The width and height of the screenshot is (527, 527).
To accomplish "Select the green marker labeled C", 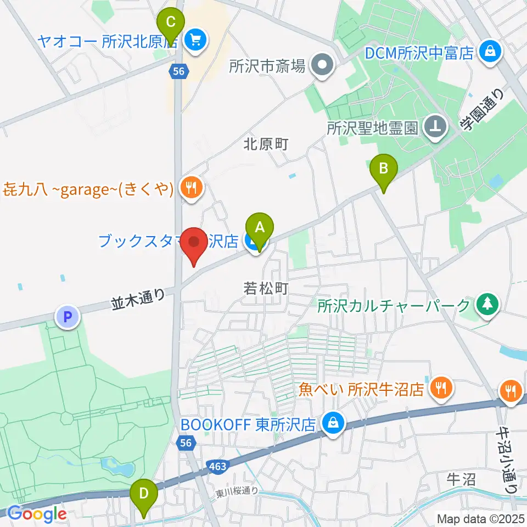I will point(170,23).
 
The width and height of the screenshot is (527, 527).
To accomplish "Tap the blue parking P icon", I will point(68,316).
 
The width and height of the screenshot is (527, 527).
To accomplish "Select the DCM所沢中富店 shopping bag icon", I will point(487,52).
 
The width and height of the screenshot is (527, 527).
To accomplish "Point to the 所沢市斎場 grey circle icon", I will point(322,66).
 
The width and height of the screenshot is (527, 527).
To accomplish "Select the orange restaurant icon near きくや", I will point(191,188).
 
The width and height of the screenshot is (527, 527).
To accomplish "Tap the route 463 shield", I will point(217,466).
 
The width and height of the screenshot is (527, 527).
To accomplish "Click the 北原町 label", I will point(266,144).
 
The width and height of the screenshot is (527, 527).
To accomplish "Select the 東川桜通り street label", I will point(237,491).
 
